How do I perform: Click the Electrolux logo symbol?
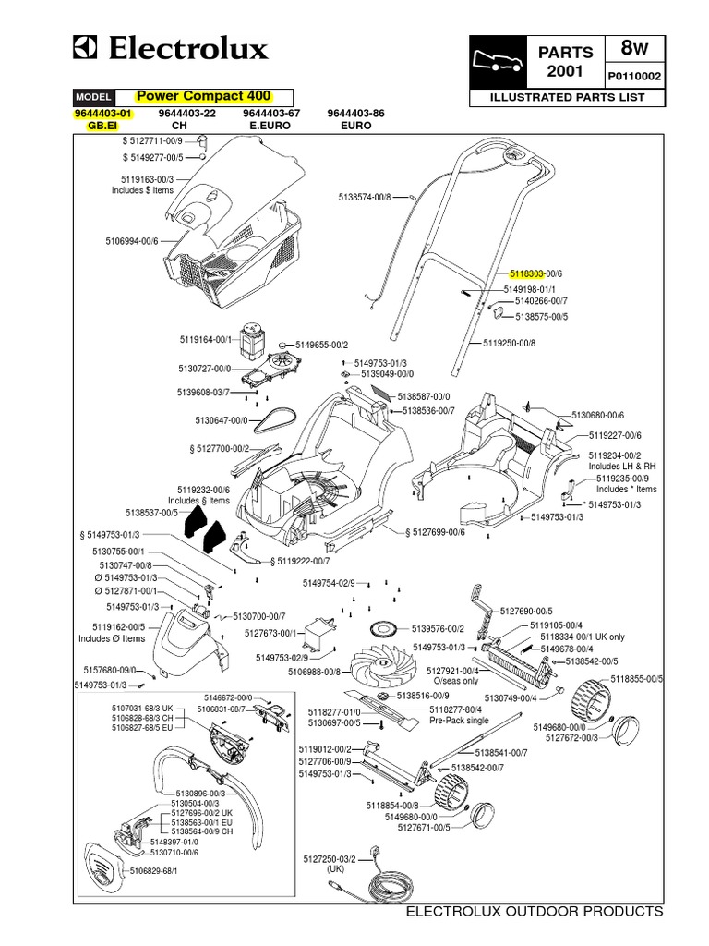point(90,47)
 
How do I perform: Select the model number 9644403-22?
point(187,113)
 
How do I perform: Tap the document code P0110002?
point(633,77)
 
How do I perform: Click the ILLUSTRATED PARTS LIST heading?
point(567,97)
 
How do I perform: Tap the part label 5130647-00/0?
point(222,420)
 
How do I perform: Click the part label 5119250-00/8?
point(509,343)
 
